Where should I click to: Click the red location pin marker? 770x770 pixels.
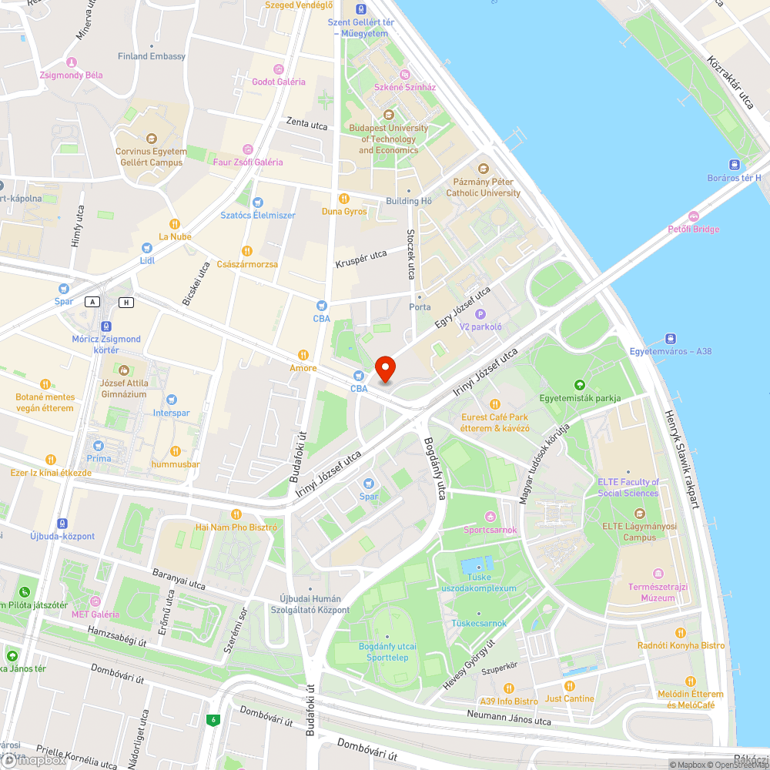(x=384, y=369)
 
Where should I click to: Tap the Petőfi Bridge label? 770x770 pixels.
(x=694, y=229)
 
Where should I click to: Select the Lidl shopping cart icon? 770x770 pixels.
(x=147, y=248)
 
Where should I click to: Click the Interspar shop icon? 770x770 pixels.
(x=171, y=400)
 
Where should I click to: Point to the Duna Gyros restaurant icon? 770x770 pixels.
(x=344, y=199)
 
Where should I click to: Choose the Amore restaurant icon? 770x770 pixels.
(x=303, y=355)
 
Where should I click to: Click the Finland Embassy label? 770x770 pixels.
(x=152, y=56)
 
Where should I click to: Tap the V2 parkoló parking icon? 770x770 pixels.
(x=480, y=314)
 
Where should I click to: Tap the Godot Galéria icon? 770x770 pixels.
(x=279, y=69)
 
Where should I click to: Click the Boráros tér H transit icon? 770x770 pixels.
(x=735, y=165)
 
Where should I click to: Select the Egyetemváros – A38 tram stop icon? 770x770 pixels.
(x=671, y=338)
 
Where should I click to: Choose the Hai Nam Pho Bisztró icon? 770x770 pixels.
(x=236, y=514)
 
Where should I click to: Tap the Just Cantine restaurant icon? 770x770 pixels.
(x=569, y=685)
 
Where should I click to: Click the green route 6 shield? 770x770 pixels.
(x=211, y=720)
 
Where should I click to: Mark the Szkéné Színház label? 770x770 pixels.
(x=404, y=87)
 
